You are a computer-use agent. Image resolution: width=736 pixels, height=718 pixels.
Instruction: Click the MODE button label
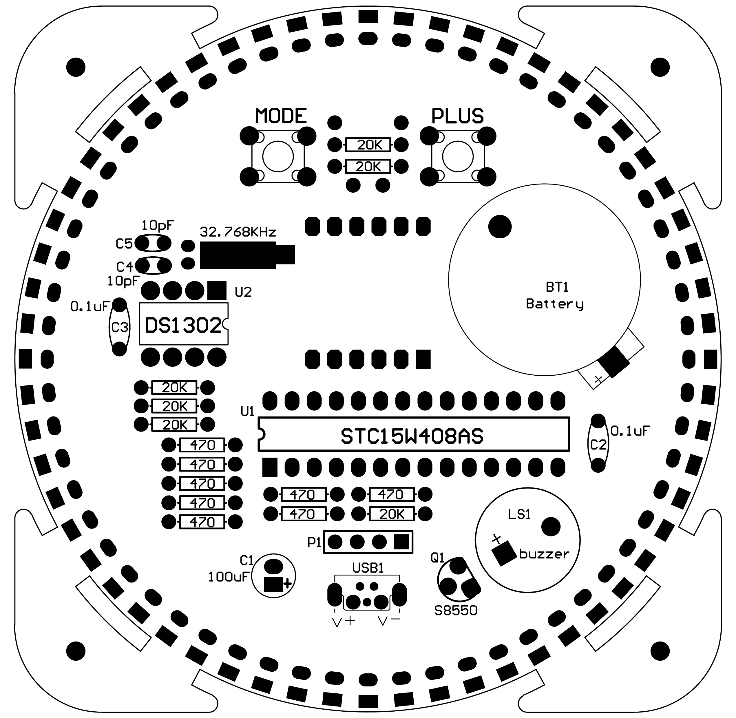[x=281, y=116]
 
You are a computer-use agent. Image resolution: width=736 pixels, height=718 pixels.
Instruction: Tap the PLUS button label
[x=457, y=116]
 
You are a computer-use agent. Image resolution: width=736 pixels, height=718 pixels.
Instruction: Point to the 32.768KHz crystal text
[x=238, y=231]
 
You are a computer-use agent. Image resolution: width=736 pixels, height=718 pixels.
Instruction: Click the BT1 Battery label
[x=555, y=296]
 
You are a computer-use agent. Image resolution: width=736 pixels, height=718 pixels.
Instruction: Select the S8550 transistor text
[x=456, y=610]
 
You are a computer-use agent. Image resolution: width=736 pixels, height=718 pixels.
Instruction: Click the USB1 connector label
[x=368, y=568]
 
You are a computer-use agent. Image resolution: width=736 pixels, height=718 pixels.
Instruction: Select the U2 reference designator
[x=243, y=292]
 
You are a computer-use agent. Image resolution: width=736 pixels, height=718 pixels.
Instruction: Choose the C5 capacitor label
[x=124, y=244]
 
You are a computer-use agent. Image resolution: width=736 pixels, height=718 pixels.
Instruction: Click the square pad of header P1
[x=401, y=542]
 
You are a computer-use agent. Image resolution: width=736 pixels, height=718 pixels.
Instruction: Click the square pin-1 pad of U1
[x=270, y=467]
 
